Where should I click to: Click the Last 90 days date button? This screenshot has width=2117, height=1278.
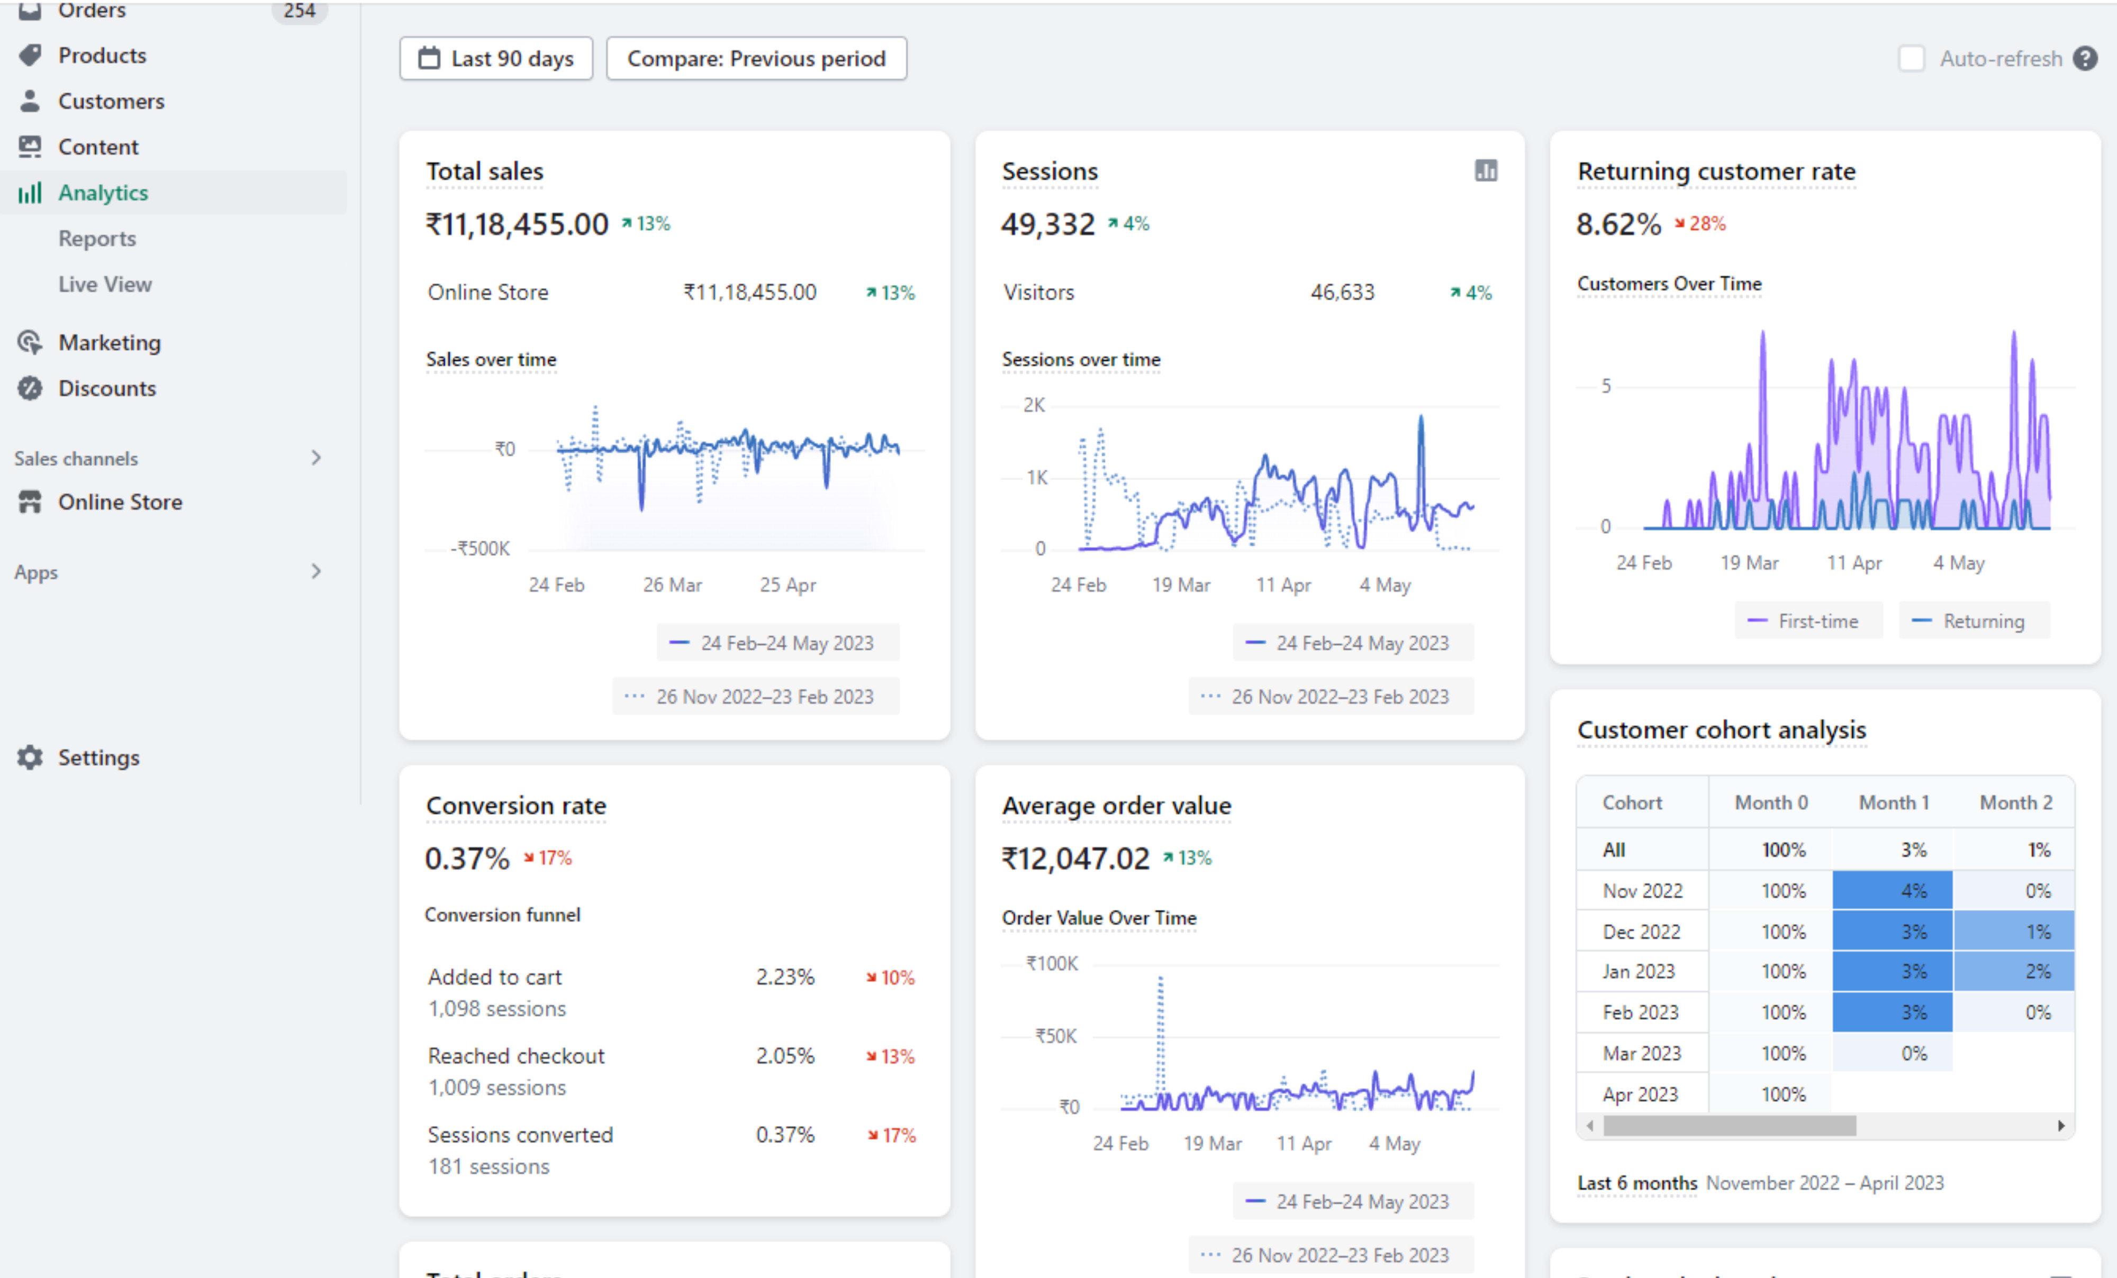(x=496, y=58)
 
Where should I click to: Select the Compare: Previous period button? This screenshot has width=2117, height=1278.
(x=756, y=58)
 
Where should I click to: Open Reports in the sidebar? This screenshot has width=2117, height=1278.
(x=97, y=238)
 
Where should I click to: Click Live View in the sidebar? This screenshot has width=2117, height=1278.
(x=105, y=284)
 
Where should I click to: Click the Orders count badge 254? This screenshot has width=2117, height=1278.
(x=299, y=11)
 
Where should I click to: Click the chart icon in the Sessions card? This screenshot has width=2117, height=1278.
(x=1486, y=171)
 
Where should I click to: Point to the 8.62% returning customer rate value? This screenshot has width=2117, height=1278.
(x=1618, y=224)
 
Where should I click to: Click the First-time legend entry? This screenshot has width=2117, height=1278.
(x=1808, y=621)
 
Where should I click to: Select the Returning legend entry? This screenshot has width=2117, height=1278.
(x=1975, y=621)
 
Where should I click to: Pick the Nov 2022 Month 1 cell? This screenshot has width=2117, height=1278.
(x=1892, y=891)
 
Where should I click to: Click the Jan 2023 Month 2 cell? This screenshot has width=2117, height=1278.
(x=2014, y=971)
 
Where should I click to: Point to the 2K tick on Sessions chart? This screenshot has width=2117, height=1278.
(x=1035, y=405)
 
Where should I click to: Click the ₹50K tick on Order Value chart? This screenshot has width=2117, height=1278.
(x=1056, y=1036)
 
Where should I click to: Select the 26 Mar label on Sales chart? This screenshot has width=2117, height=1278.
(x=672, y=585)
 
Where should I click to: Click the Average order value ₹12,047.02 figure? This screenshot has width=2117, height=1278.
(x=1075, y=858)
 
